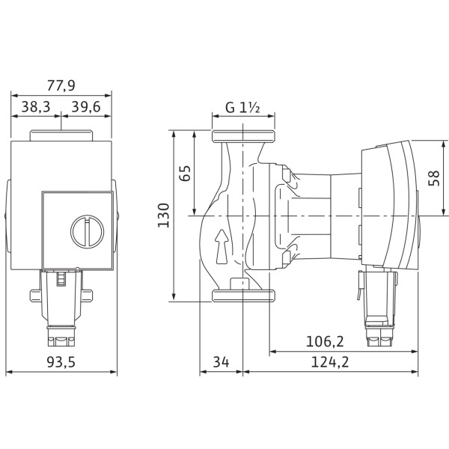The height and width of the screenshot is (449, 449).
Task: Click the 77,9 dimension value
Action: click(61, 85)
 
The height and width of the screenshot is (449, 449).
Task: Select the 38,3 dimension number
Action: click(36, 107)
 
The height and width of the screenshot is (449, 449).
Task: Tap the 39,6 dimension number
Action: click(86, 107)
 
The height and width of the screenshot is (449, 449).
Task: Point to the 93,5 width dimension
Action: click(61, 362)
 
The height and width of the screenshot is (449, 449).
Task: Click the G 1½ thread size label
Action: click(242, 108)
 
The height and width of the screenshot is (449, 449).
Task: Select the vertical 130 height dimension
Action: click(164, 216)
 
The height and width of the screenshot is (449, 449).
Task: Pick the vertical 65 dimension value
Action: click(185, 174)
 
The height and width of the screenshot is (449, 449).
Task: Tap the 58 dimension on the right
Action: click(434, 178)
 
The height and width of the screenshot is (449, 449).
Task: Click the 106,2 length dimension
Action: click(325, 341)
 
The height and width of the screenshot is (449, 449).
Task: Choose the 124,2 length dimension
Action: click(330, 362)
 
